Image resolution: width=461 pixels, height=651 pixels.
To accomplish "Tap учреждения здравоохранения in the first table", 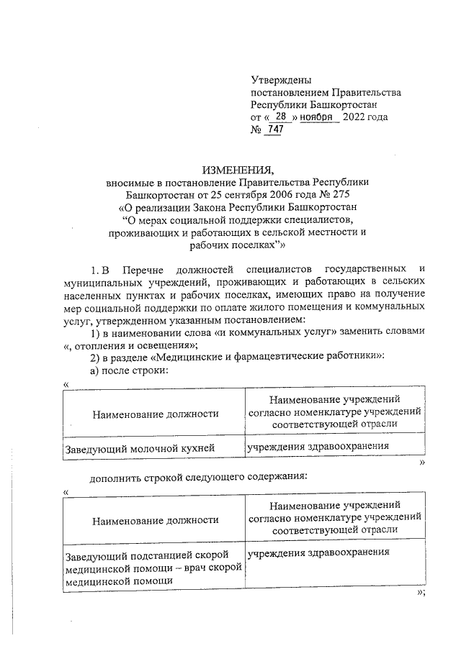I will [x=318, y=446].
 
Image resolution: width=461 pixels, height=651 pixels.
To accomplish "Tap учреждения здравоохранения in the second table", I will [x=318, y=553].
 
